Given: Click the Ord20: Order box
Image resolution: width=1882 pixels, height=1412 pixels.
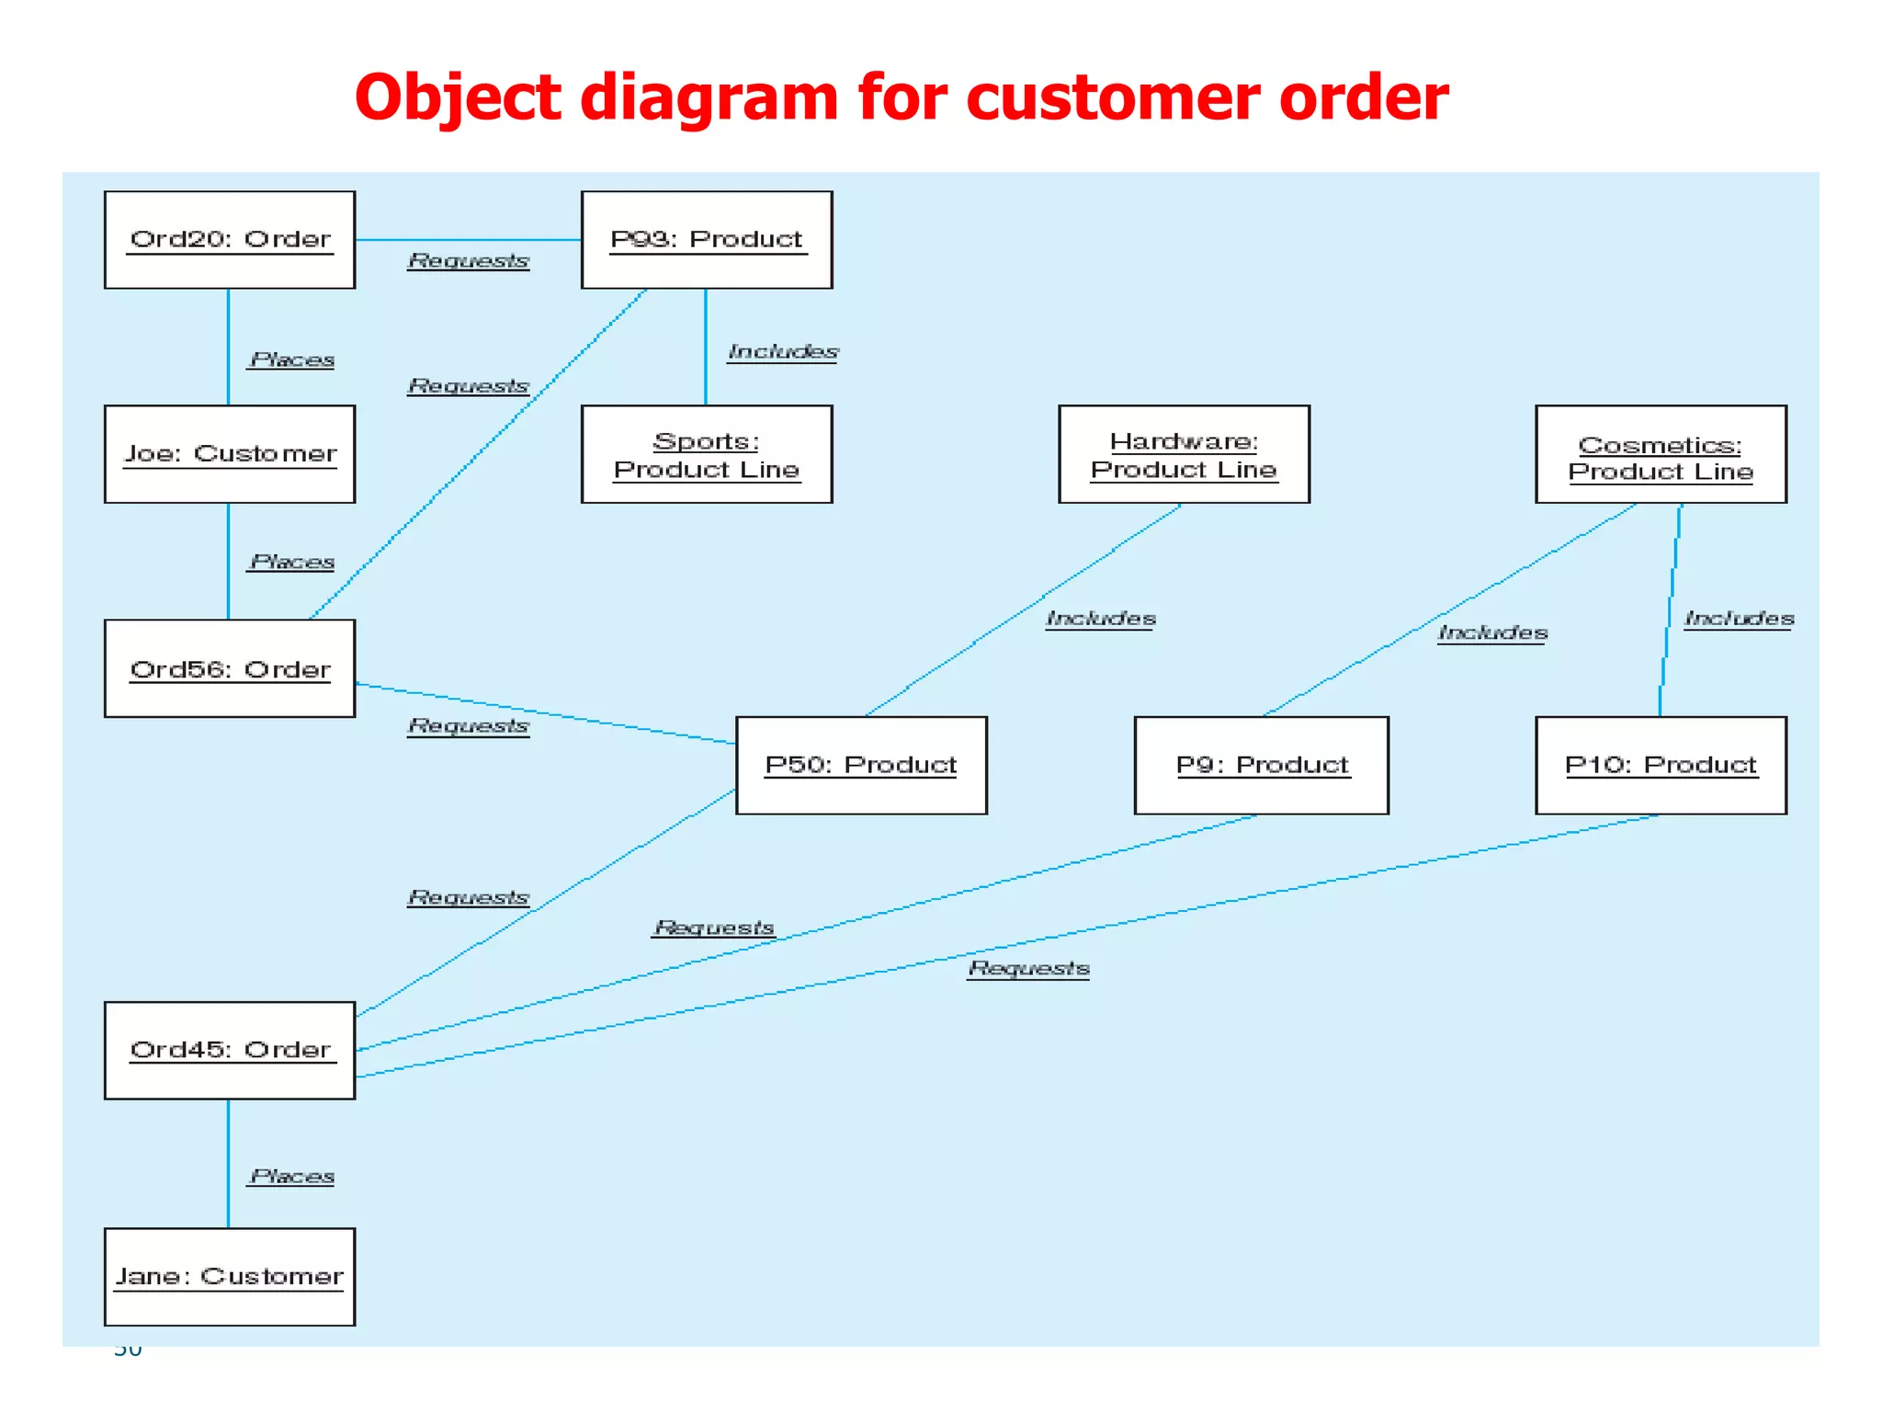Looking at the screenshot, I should coord(230,240).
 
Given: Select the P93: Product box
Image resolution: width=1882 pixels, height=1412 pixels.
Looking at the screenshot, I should coord(707,240).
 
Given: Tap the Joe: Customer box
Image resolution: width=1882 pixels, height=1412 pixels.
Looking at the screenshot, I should coord(230,454).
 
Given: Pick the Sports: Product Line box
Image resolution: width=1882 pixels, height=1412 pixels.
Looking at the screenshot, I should coord(707,454).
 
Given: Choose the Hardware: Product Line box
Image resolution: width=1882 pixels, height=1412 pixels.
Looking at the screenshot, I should coord(1184,454).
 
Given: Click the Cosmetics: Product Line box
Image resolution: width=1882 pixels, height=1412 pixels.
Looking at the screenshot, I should coord(1661,454).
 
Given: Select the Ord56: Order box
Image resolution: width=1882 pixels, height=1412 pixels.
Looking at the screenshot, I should coord(230,668).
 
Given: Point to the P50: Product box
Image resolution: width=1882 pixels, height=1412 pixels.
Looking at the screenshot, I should coord(861,765).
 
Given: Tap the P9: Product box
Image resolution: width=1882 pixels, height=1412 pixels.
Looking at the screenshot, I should coord(1261,765).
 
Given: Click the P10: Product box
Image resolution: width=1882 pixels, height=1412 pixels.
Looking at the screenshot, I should coord(1661,765).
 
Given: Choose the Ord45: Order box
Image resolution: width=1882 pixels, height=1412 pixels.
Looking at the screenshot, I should coord(230,1050).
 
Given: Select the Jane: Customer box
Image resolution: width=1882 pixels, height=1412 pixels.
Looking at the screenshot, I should coord(230,1276).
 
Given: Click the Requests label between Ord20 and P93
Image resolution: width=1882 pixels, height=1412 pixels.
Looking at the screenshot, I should coord(469,261).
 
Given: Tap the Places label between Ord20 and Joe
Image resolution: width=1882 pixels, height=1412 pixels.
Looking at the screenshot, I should coord(292,360).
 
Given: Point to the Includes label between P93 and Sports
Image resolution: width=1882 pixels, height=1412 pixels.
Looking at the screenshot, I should coord(783,352).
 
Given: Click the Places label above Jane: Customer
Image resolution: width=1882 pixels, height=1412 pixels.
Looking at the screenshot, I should coord(292,1177).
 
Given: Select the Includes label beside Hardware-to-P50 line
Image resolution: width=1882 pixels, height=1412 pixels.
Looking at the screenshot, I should coord(1101,619).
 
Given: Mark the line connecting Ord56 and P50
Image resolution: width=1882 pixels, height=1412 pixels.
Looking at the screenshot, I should coord(546,713).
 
